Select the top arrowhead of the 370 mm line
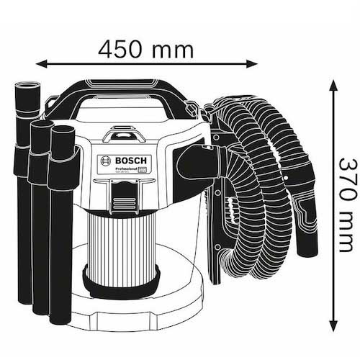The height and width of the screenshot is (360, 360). (333, 84)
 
